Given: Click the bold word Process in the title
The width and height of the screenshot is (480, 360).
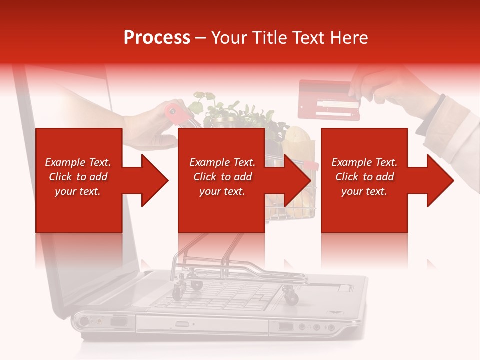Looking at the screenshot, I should point(157,38).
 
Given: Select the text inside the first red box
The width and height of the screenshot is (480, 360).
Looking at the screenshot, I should point(78,177).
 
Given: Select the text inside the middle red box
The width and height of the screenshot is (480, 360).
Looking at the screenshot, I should point(222,177).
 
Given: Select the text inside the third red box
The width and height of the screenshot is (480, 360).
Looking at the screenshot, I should point(364,177).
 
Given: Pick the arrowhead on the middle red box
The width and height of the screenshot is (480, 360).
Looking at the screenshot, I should point(297,180).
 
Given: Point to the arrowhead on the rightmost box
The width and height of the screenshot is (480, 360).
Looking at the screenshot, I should point(440,180).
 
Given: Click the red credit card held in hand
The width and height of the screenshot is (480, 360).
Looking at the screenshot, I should point(328,100).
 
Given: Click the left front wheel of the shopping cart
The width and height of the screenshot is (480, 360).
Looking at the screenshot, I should point(178,292).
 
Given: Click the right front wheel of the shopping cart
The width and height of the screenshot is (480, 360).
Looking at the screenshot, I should point(291,297).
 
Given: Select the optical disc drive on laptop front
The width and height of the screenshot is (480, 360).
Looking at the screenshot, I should point(200,324).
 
